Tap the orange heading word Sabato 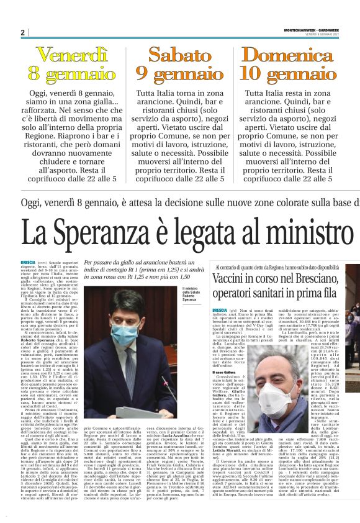(x=180, y=55)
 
